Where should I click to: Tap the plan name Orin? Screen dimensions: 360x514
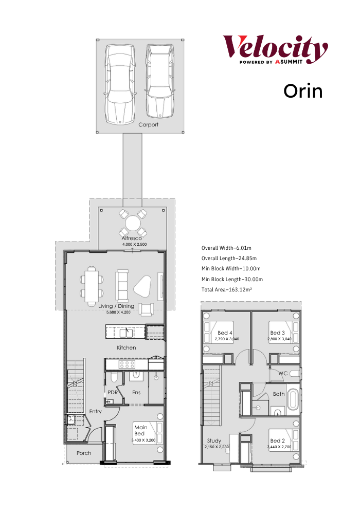click(x=303, y=91)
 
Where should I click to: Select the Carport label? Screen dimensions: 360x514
click(x=148, y=124)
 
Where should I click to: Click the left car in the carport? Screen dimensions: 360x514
click(x=120, y=84)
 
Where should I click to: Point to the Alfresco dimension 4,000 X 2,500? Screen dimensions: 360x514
click(x=134, y=245)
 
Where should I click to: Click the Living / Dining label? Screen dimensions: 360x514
click(x=116, y=306)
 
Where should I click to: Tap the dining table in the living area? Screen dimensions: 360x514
click(x=92, y=286)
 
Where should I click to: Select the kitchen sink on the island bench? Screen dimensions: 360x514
click(x=126, y=333)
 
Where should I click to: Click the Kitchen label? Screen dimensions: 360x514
click(x=126, y=347)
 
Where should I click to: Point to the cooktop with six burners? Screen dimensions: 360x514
click(x=127, y=364)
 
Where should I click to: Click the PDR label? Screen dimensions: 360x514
click(x=113, y=392)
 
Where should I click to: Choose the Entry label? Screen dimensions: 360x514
click(x=96, y=411)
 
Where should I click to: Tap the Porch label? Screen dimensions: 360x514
click(x=84, y=453)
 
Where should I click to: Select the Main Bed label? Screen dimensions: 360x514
click(x=140, y=430)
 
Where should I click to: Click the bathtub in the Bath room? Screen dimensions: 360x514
click(x=293, y=399)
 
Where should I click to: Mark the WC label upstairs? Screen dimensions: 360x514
click(x=283, y=373)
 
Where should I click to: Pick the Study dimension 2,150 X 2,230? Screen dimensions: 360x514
click(x=217, y=447)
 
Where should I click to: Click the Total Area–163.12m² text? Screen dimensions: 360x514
click(x=227, y=289)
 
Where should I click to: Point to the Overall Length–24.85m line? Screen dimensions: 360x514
click(x=229, y=259)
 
